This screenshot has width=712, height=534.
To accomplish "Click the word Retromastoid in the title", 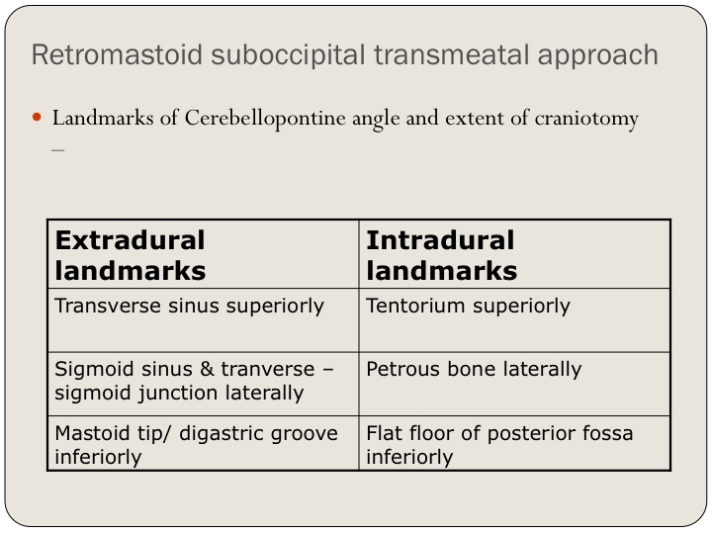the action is click(117, 54).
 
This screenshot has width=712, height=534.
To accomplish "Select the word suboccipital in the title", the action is click(289, 55).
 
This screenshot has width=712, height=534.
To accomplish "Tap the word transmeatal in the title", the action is click(451, 55).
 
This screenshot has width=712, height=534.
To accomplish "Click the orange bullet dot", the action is click(37, 118).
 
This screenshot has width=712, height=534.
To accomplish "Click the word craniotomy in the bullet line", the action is click(586, 120).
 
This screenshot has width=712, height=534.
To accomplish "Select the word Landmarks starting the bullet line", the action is click(103, 118).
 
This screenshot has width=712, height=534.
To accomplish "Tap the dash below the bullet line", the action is click(58, 149).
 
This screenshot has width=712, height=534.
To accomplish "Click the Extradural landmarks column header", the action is click(131, 255).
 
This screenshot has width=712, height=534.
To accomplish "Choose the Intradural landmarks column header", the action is click(441, 255).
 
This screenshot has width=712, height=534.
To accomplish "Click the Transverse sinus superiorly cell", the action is click(189, 306).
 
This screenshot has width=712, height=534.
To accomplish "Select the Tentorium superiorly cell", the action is click(468, 306).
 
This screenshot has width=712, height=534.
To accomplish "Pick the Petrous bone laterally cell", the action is click(474, 370).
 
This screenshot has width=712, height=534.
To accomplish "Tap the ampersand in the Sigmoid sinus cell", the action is click(207, 369).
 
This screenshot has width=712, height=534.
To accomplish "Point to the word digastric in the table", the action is click(220, 434).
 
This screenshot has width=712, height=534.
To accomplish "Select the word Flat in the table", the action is click(384, 433).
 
